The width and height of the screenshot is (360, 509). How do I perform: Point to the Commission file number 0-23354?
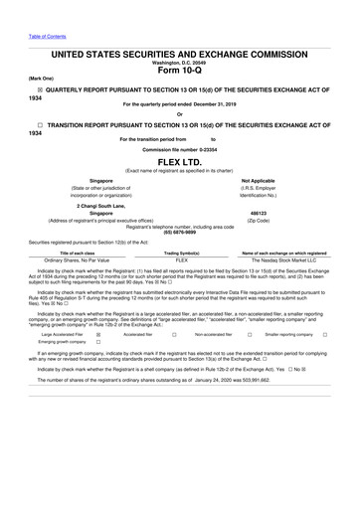coord(180,148)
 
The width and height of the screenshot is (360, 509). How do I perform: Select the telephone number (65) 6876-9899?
coord(180,232)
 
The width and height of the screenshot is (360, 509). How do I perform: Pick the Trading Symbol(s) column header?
coord(181,253)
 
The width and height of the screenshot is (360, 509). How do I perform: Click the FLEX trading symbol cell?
coord(181,260)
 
